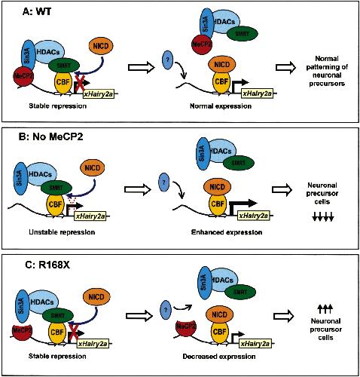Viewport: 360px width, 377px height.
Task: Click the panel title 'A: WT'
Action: coord(37,12)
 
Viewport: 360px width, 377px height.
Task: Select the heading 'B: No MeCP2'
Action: coord(50,136)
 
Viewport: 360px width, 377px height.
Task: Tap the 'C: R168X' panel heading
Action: coord(47,265)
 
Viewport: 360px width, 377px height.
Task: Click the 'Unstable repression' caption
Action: coord(62,231)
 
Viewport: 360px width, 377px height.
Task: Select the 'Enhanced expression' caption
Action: coord(227,232)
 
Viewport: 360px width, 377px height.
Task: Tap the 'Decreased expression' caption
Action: coord(219,357)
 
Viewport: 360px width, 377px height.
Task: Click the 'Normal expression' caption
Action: coord(221,106)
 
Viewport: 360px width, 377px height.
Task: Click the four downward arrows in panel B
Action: coord(323,216)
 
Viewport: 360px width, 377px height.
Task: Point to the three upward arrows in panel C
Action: coord(325,309)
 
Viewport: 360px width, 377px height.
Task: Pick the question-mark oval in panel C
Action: coord(166,310)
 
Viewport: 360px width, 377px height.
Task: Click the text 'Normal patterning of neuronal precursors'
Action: coord(327,71)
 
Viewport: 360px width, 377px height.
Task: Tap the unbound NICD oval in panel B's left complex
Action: coord(93,168)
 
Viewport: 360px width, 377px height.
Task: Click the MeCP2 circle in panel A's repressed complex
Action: coord(23,75)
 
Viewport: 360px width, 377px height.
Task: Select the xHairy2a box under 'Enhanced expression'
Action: coord(253,216)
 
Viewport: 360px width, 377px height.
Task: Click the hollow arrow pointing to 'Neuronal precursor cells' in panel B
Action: coord(282,189)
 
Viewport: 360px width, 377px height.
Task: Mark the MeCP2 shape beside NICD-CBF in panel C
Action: coord(186,328)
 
